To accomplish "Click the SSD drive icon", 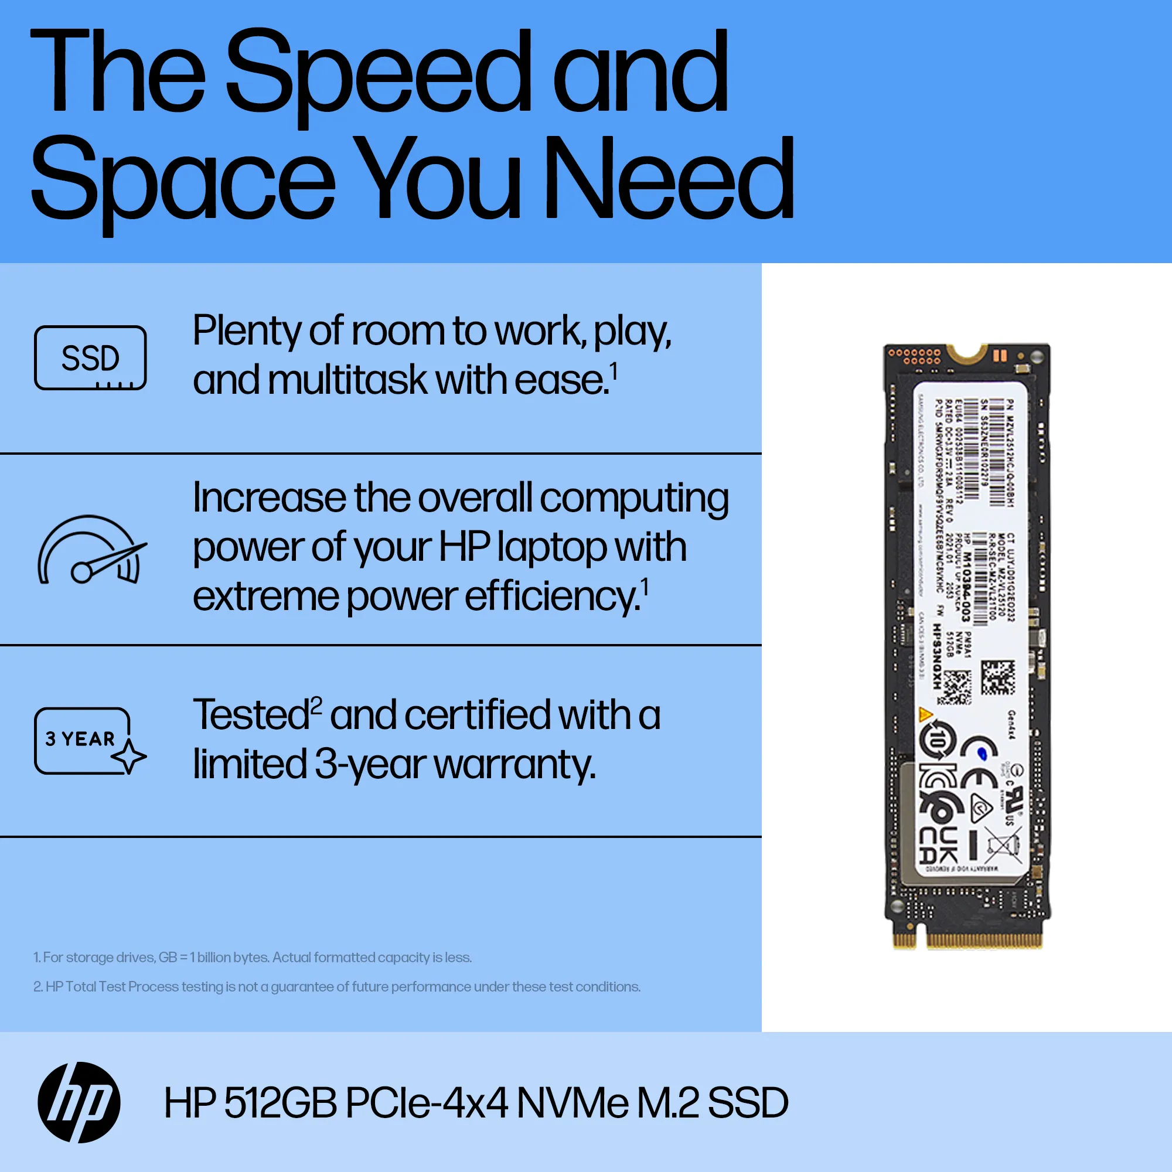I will click(90, 358).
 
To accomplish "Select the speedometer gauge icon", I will click(91, 550).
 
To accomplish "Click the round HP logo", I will click(79, 1102).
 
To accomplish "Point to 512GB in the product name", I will click(280, 1103).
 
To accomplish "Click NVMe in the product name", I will click(571, 1103).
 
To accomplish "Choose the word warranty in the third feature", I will click(515, 764).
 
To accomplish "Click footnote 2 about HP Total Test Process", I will click(337, 986).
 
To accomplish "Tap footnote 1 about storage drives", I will click(253, 958).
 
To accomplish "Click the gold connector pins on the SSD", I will click(983, 941).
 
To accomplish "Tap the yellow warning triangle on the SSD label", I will click(926, 714).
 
